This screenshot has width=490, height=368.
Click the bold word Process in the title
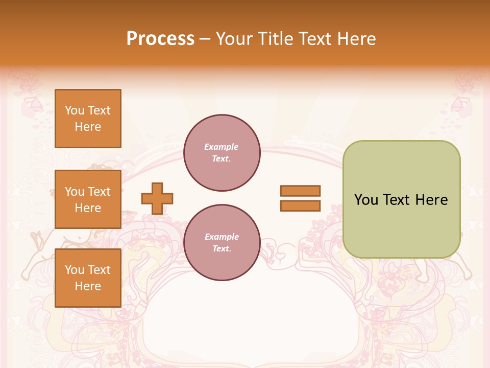click(x=160, y=38)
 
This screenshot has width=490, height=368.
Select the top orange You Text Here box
click(x=88, y=119)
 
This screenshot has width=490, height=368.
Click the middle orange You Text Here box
click(x=88, y=199)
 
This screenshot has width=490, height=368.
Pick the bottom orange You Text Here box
click(x=88, y=278)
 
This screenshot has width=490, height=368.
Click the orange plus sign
click(x=157, y=198)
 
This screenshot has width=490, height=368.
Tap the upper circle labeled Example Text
click(x=222, y=153)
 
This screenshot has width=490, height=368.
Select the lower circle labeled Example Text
click(x=222, y=243)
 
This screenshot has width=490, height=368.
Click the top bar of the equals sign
click(x=300, y=191)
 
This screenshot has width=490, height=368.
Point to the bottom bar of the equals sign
click(x=300, y=205)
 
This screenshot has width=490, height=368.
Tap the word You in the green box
click(x=366, y=200)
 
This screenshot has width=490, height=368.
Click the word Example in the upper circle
click(x=221, y=147)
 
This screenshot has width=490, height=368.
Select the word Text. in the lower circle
click(x=222, y=249)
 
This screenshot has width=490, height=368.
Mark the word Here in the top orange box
click(x=88, y=127)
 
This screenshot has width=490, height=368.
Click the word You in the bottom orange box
click(x=75, y=270)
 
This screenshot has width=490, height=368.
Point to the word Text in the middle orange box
click(x=99, y=192)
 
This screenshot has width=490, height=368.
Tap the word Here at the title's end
click(x=356, y=38)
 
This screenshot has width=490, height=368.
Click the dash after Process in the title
click(x=205, y=39)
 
